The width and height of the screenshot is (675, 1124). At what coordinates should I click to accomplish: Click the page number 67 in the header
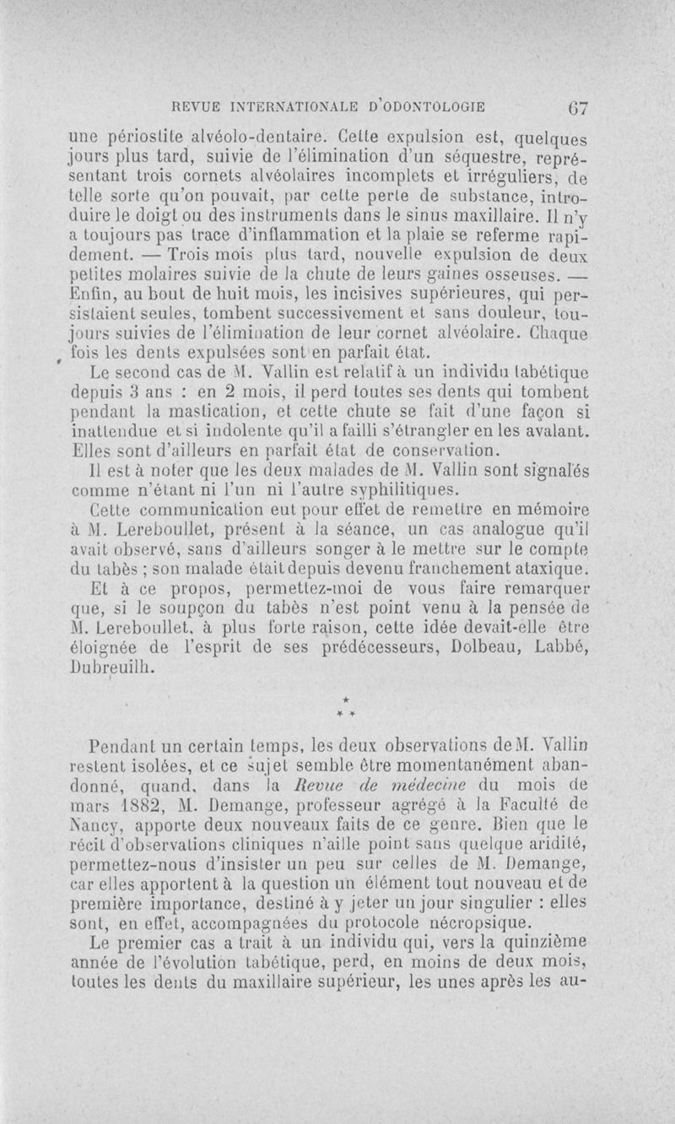(x=577, y=109)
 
